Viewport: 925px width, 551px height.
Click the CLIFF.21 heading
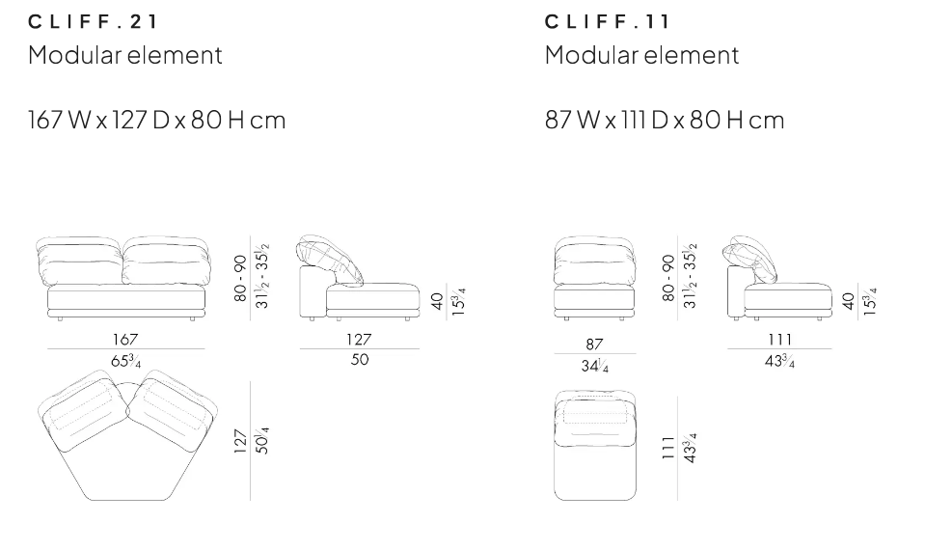pos(93,22)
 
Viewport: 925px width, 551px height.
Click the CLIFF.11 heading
pos(607,22)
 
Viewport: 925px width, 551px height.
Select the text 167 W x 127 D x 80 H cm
pos(157,120)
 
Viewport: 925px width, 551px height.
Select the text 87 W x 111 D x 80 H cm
pos(665,120)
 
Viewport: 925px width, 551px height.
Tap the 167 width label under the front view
pos(125,340)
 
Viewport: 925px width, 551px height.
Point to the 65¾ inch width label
pos(125,361)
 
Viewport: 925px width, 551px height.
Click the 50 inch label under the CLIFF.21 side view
pos(359,359)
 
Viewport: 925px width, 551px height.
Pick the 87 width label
pos(594,344)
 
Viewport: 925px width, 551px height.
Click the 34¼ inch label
pos(594,366)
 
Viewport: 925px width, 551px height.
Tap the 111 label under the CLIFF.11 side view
pos(779,340)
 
